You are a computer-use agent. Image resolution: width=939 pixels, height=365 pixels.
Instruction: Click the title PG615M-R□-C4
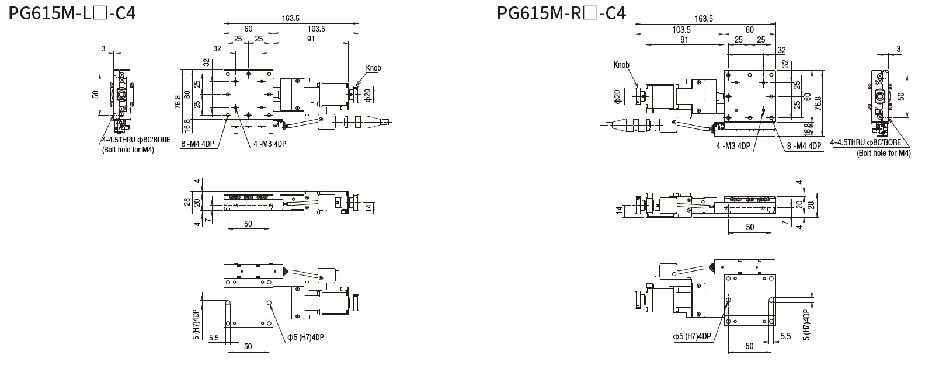coord(561,13)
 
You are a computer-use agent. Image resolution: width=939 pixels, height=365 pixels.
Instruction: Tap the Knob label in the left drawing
coord(373,68)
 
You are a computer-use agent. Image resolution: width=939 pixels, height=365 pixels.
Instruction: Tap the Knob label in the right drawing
coord(622,65)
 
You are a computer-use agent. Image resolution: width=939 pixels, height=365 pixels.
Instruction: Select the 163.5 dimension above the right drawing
coord(704,19)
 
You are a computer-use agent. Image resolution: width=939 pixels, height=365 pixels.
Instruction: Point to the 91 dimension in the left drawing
coord(310,39)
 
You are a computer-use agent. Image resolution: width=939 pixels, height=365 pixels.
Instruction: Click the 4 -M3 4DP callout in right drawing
coord(733,146)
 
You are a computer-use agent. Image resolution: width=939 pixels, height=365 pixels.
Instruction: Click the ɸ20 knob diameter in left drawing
coord(367,93)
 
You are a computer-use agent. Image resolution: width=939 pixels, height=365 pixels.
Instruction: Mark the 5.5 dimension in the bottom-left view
coord(213,338)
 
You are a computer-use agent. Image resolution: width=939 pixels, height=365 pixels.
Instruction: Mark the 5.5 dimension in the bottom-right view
coord(785,336)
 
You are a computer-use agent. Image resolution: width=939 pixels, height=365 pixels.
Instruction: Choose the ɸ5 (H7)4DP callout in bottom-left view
coord(305,338)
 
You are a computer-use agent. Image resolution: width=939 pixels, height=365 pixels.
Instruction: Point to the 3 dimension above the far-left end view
coord(103,49)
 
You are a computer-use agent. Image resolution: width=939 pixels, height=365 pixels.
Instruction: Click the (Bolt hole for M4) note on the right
coord(884,153)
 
